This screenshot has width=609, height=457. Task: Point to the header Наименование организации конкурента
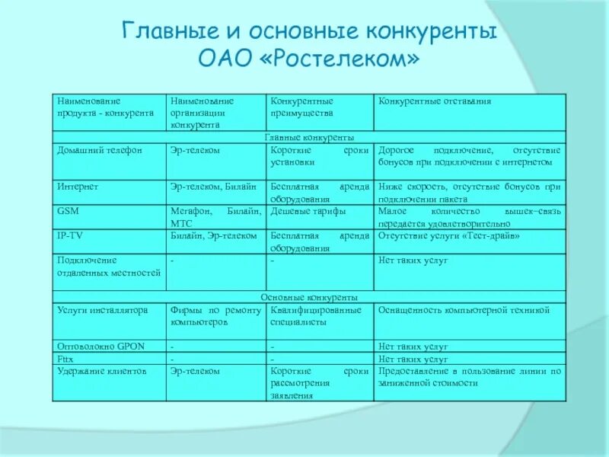(202, 113)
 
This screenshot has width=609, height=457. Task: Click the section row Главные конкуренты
(308, 138)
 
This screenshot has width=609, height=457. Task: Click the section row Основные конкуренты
(308, 297)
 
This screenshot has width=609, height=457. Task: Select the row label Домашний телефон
(100, 151)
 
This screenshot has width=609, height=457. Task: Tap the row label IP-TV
(70, 236)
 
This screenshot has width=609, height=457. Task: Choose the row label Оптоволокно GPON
(96, 346)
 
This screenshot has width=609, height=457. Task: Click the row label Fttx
(65, 358)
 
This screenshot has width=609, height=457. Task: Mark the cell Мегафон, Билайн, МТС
(216, 218)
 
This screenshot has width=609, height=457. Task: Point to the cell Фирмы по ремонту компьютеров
(216, 316)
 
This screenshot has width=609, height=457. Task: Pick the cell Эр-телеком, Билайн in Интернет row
(213, 186)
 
